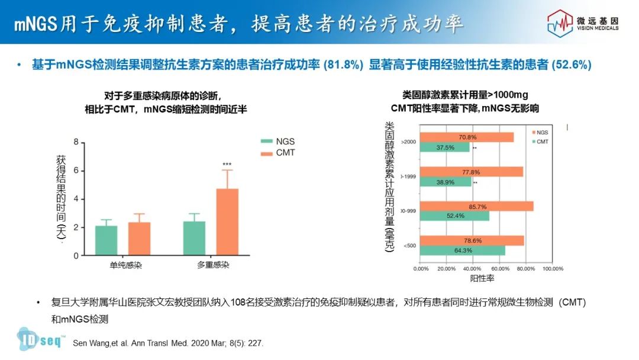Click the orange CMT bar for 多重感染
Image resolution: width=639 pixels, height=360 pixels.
point(227,222)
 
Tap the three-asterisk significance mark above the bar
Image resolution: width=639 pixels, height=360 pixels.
point(227,164)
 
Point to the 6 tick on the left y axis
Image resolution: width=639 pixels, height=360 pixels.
point(76,171)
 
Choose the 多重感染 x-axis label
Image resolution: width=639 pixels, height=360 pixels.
point(213,265)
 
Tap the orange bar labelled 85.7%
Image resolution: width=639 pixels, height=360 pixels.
point(476,206)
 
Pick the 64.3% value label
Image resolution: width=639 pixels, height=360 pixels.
point(463,250)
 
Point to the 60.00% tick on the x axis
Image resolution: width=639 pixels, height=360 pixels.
point(499,268)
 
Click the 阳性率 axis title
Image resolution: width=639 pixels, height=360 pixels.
point(482,277)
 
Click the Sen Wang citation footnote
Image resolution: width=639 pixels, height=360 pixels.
point(167,343)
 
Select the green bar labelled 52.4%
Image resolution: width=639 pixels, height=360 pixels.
point(454,216)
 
